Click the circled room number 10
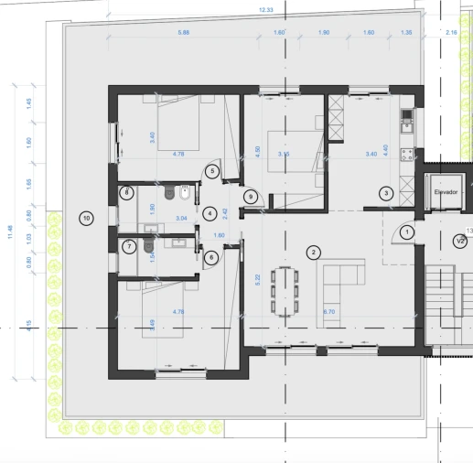pyautogui.click(x=86, y=218)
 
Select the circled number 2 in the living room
pyautogui.click(x=314, y=252)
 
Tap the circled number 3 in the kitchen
pyautogui.click(x=387, y=193)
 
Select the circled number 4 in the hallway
pyautogui.click(x=210, y=214)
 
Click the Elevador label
pyautogui.click(x=445, y=194)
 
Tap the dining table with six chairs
pyautogui.click(x=291, y=290)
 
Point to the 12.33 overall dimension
pyautogui.click(x=266, y=9)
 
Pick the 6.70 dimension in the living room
pyautogui.click(x=329, y=313)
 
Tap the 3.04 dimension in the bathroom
pyautogui.click(x=181, y=219)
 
